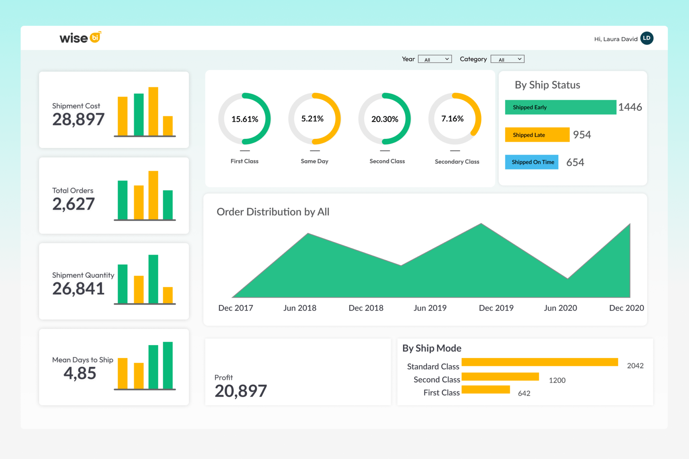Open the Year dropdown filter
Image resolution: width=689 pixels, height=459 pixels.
point(435,59)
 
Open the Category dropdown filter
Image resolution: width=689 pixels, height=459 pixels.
point(507,59)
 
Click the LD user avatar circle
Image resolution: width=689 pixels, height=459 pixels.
point(647,38)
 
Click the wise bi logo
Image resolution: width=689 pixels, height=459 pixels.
point(80,38)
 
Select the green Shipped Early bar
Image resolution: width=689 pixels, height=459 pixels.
point(560,107)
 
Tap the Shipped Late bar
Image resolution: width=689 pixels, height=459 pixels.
point(537,135)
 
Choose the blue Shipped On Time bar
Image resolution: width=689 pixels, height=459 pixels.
point(532,162)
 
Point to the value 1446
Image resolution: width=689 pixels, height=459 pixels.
point(630,107)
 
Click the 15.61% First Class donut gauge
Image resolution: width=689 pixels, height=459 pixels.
point(245,119)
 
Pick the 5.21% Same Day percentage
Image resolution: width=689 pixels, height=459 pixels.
point(312,119)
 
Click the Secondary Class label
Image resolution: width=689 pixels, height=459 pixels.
point(457,162)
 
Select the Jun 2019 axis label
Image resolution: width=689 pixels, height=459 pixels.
point(430,308)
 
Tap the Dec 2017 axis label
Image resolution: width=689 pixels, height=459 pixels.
point(235,308)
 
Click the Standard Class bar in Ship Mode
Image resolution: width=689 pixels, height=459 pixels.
point(539,362)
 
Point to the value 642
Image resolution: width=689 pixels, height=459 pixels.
point(524,393)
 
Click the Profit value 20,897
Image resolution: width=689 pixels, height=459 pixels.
point(241,391)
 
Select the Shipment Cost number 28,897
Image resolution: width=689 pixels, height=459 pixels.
point(78,120)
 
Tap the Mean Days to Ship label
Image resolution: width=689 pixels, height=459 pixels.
point(83,360)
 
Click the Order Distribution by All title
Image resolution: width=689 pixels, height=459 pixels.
point(273,212)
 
